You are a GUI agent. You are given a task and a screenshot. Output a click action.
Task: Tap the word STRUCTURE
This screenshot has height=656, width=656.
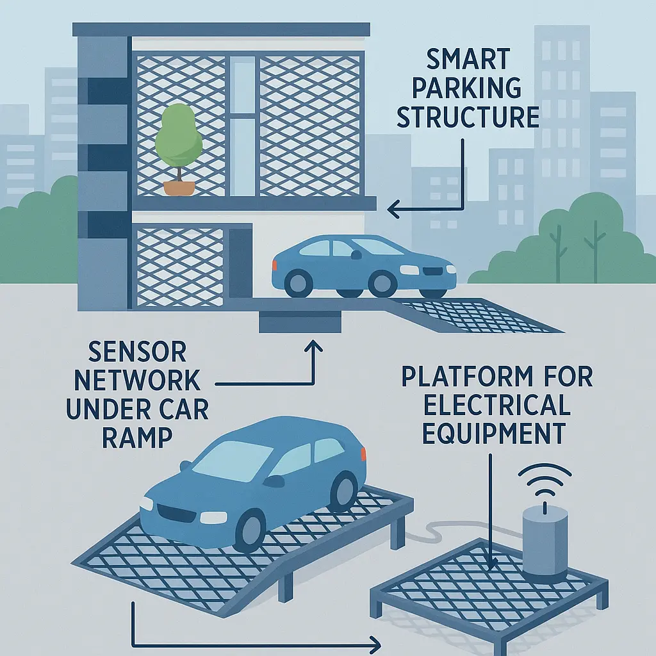468,118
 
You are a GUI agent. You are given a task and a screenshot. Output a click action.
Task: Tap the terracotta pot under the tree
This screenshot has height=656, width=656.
177,188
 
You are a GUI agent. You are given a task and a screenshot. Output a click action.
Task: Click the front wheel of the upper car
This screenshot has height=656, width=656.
382,282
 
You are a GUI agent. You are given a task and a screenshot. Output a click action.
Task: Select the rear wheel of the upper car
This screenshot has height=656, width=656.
299,282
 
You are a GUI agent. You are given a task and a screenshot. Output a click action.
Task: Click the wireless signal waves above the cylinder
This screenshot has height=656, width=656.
544,480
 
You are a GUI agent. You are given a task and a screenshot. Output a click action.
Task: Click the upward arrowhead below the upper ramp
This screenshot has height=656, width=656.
314,345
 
